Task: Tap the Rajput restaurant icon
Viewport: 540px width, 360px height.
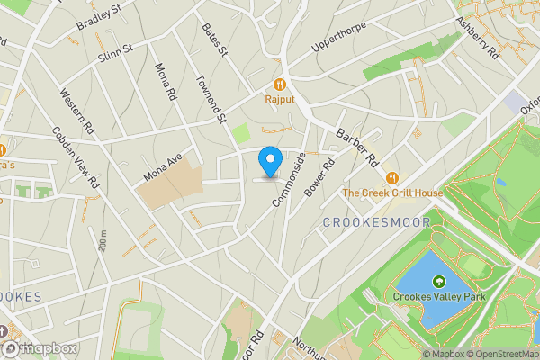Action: click(281, 80)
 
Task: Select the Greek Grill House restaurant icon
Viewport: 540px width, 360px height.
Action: click(392, 176)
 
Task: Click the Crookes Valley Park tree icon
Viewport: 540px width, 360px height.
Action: click(438, 282)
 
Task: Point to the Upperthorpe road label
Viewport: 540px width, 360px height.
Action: click(339, 37)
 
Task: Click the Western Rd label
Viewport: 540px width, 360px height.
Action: click(77, 112)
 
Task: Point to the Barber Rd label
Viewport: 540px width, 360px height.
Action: click(356, 147)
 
